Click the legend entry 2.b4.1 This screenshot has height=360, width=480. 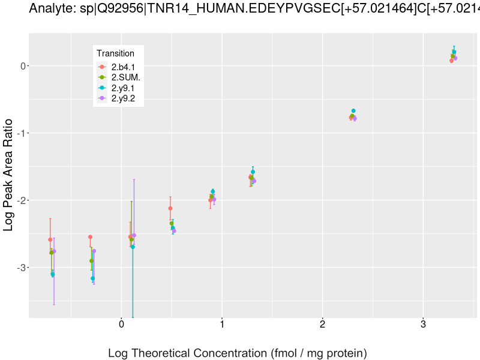coord(123,67)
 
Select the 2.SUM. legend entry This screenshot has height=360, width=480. coord(125,77)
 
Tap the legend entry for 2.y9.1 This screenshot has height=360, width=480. coord(123,88)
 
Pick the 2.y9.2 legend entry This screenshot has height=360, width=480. coord(123,98)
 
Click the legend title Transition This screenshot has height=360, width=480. coord(115,53)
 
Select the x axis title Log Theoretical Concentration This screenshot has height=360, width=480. coord(237,353)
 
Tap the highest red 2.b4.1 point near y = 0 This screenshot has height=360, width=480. coord(452,61)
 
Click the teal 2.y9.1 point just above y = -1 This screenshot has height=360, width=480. coord(353,111)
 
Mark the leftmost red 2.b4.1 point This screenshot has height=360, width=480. coord(50,239)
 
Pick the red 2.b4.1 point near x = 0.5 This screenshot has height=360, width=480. coord(170,208)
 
